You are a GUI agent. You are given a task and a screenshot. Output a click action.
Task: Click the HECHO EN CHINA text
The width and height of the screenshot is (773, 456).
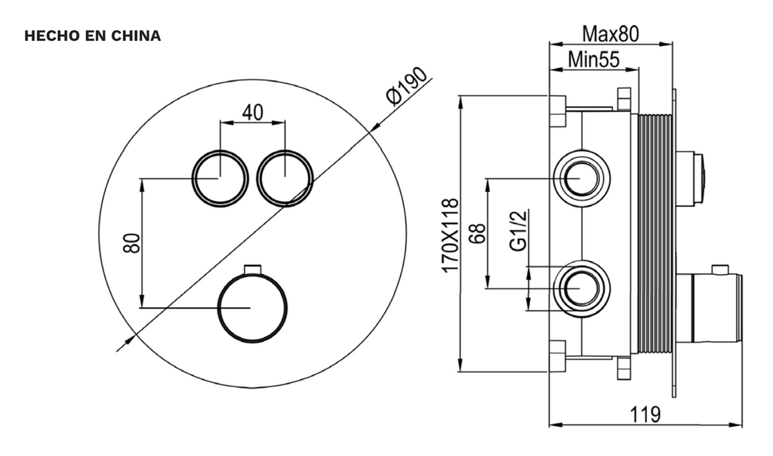[x=93, y=35]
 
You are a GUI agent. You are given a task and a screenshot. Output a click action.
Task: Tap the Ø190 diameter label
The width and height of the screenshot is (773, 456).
[x=405, y=85]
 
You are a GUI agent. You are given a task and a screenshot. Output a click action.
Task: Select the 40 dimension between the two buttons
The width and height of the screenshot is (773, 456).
[x=252, y=112]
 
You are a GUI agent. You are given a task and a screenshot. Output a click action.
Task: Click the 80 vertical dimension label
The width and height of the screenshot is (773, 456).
[x=131, y=243]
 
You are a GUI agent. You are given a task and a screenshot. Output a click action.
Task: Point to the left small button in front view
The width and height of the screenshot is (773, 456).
[x=220, y=177]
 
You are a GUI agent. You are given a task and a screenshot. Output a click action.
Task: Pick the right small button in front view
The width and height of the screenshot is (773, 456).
[x=285, y=177]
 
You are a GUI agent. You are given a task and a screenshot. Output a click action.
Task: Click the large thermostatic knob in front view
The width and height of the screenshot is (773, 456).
[x=252, y=307]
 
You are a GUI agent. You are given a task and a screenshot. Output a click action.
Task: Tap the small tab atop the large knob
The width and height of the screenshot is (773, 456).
[x=252, y=269]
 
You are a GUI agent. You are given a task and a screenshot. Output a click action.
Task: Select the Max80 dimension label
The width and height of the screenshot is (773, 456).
[x=610, y=34]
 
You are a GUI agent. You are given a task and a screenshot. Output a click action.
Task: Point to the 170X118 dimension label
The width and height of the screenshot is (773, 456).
[x=451, y=235]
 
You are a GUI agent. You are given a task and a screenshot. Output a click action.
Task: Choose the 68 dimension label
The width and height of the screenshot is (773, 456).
[x=476, y=233]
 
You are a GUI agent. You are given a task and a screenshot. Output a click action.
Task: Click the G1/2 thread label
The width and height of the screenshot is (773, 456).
[x=518, y=232]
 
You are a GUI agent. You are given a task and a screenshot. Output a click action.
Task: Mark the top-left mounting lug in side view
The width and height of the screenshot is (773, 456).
[x=557, y=110]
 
